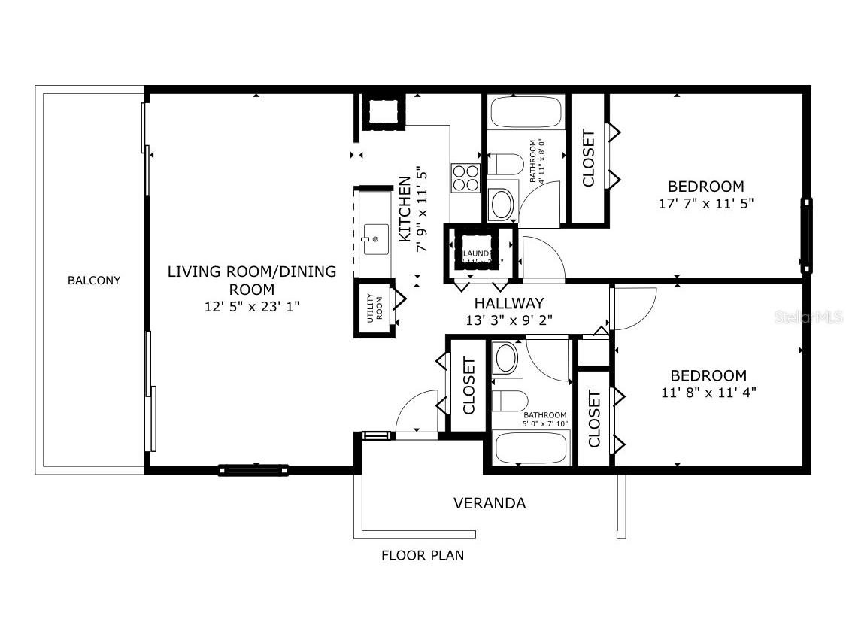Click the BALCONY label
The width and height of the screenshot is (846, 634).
pos(94,281)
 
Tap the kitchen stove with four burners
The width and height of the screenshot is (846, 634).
pos(465,177)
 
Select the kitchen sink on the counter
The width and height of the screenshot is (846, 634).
pos(374,239)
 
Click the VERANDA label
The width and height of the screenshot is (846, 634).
pos(489,503)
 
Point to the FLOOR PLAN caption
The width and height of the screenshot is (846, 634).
pos(422,556)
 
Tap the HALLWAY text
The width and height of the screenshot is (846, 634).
pos(508,303)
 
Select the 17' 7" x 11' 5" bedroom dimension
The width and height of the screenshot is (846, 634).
pos(705,203)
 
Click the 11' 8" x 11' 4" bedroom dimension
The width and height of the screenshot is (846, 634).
pos(708,392)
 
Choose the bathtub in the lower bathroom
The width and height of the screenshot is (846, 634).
pos(530,447)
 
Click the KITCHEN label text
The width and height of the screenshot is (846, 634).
pos(405,208)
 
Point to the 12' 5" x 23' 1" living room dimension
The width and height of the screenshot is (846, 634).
pos(251,306)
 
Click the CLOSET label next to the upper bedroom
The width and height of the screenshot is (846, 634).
pos(588,159)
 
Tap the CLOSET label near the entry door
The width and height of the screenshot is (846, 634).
pos(468,386)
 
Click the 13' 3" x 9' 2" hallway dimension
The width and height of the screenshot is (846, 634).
pos(508,320)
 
